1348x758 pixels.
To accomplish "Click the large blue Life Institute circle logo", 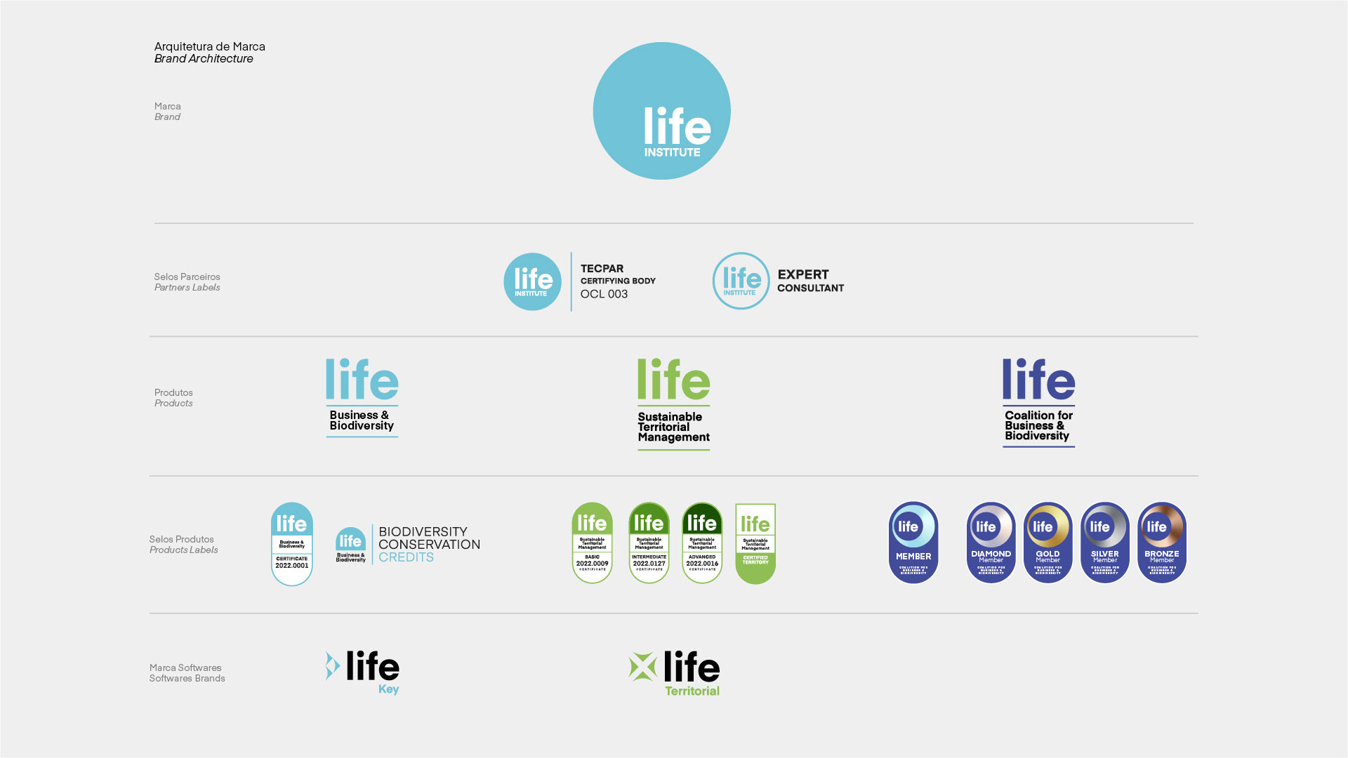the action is click(661, 111).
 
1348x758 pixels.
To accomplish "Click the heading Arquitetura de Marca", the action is click(209, 46).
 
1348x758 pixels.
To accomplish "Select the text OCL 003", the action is click(604, 294).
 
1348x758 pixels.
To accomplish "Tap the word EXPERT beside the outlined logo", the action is click(803, 274).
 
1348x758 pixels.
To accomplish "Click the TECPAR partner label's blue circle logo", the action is click(532, 281).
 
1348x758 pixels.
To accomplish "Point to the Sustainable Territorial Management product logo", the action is click(673, 404).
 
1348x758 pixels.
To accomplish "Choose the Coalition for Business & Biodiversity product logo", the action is click(1038, 402).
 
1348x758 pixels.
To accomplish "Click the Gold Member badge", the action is click(1048, 543).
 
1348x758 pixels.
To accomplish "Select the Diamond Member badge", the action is click(991, 543).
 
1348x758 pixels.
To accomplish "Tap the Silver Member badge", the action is click(1104, 543).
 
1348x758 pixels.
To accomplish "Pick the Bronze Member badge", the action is click(1161, 543).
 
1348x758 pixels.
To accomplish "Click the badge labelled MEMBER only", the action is click(913, 543).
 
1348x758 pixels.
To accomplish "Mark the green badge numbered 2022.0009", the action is click(592, 543).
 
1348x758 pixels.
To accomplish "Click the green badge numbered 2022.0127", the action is click(649, 543).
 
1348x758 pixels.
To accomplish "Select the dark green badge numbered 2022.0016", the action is click(702, 543).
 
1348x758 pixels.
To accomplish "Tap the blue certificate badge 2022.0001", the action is click(292, 544).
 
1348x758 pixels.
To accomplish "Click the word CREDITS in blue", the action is click(406, 557).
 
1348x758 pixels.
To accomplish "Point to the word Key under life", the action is click(388, 689).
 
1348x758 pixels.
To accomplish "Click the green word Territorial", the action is click(692, 691).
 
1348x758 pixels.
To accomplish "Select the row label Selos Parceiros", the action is click(187, 277).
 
